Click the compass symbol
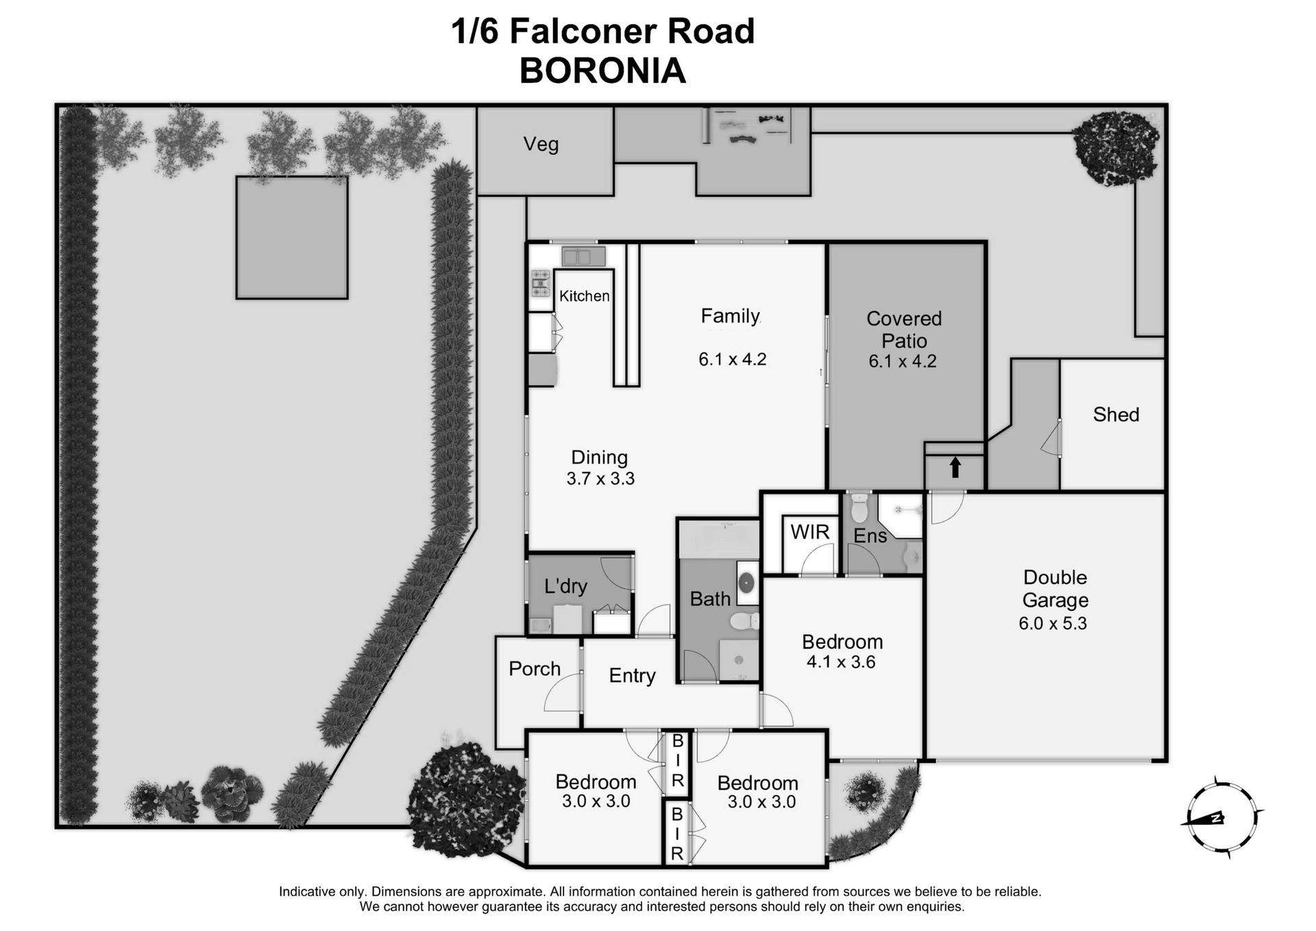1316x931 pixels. [1221, 818]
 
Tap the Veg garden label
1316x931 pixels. [541, 145]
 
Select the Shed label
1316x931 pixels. [1116, 415]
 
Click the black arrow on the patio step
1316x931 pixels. [955, 468]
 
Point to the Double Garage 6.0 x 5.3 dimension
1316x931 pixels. [1053, 624]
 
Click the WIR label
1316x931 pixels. [809, 532]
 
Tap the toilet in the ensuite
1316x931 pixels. [859, 509]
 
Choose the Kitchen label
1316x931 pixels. [584, 296]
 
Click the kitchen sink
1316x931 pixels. [583, 257]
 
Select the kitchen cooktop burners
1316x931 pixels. [541, 283]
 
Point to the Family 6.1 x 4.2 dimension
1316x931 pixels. [732, 359]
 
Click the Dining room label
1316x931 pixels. [599, 457]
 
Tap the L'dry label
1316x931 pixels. [565, 586]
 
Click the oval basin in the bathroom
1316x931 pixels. [746, 583]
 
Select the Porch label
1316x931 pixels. [535, 668]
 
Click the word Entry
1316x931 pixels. [632, 676]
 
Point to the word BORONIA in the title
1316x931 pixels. [602, 71]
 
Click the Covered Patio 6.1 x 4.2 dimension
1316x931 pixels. [902, 361]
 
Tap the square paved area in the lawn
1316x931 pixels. [292, 237]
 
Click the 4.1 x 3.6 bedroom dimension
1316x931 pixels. [841, 662]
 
